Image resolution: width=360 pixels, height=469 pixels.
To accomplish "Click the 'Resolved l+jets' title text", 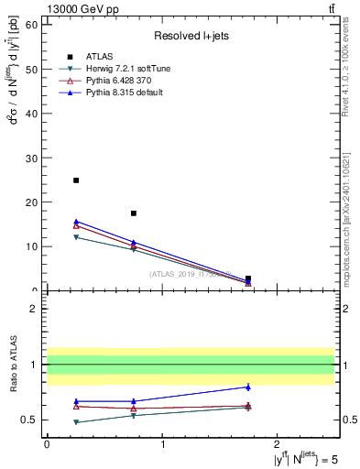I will [x=191, y=36].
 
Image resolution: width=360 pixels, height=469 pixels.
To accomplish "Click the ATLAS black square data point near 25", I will [x=76, y=180].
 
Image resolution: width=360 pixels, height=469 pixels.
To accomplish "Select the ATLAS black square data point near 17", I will [x=134, y=213].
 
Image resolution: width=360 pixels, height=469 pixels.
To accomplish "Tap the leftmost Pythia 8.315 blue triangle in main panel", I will [x=76, y=222].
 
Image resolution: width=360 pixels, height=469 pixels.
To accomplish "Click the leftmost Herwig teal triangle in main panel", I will [x=76, y=237].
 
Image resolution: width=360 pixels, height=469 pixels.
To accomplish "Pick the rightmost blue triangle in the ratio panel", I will [x=248, y=387].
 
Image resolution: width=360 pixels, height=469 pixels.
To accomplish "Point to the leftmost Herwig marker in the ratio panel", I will [x=76, y=422].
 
